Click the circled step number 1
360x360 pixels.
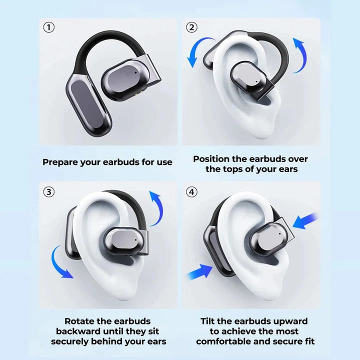tap(48, 27)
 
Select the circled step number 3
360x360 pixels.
tap(48, 191)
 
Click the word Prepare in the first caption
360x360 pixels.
tap(59, 162)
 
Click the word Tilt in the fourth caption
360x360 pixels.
tap(209, 321)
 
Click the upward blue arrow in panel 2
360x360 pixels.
tap(300, 55)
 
